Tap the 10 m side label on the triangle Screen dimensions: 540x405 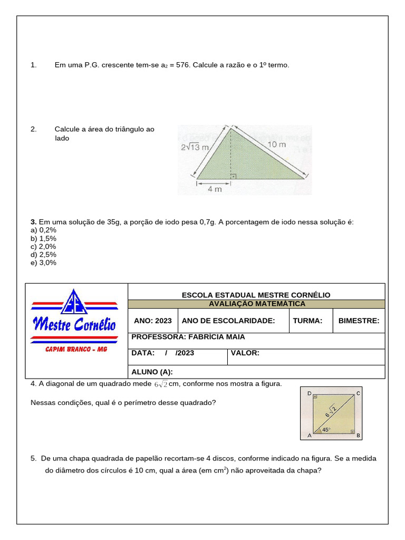276,144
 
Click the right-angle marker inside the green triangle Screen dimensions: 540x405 233,176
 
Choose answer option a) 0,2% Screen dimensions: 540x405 44,230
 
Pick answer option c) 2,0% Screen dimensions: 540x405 44,246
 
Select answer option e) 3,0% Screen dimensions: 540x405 44,263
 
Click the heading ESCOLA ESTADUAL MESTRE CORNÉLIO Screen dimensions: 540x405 256,295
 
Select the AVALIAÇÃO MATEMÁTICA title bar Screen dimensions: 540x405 257,304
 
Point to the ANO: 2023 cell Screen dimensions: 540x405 153,321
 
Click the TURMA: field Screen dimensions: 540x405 307,321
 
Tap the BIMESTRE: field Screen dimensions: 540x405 359,321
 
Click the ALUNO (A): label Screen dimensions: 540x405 152,372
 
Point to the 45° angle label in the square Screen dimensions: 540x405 326,430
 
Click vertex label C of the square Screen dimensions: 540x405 359,393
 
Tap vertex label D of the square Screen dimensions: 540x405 309,393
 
